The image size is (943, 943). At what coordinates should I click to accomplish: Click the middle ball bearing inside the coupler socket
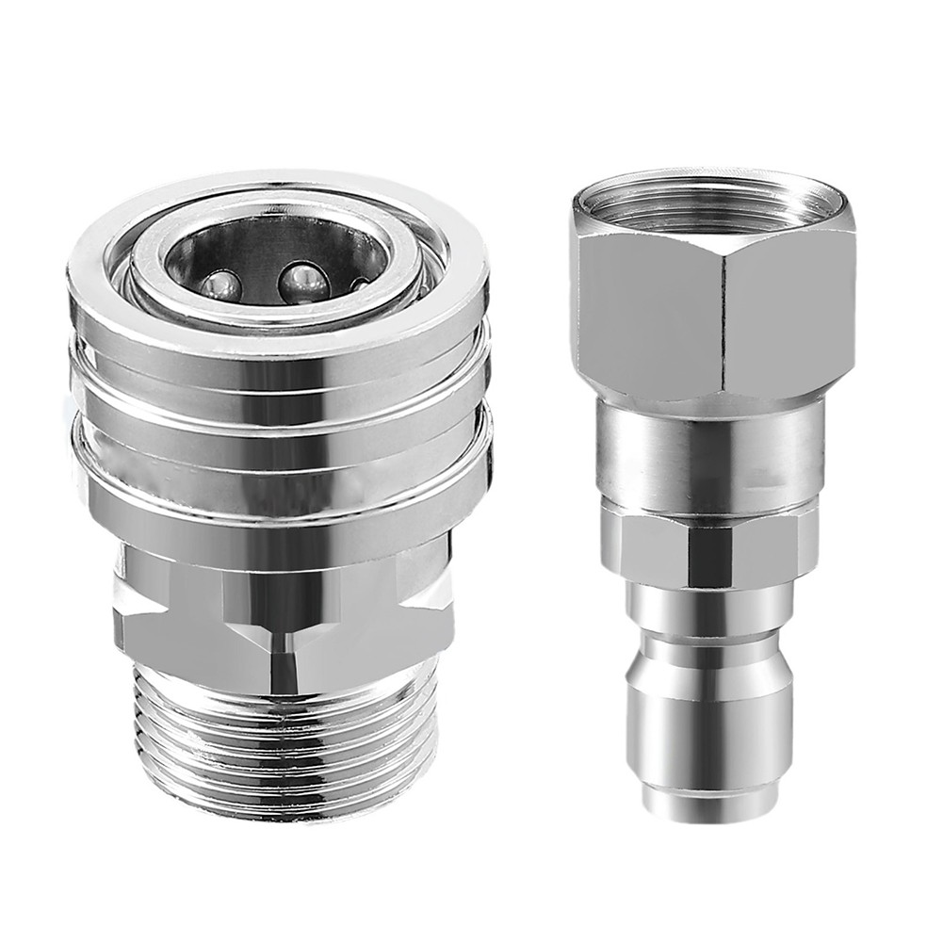pos(303,280)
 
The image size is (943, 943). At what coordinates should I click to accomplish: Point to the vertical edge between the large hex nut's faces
pos(724,320)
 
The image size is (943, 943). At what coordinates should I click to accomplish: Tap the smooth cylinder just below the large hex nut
pos(711,452)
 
